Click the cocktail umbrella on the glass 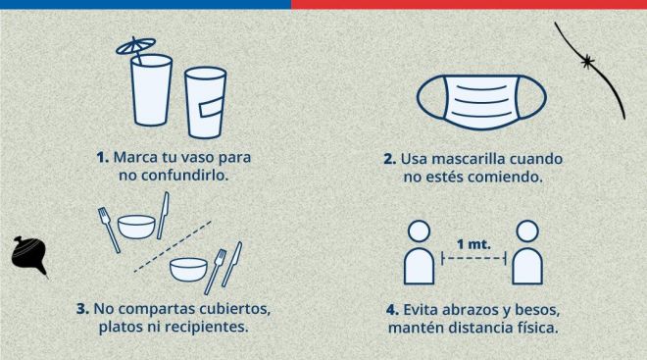coord(135,46)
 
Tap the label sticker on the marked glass coord(213,108)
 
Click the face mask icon coord(481,102)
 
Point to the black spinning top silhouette coord(28,256)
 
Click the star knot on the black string coord(587,62)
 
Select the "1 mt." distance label coord(473,244)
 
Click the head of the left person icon coord(420,231)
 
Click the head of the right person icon coord(527,231)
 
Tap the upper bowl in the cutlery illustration coord(136,227)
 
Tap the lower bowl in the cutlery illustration coord(188,269)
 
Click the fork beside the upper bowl coord(109,230)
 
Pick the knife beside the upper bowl coord(163,215)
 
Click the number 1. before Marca coord(102,157)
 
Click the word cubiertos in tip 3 coord(235,309)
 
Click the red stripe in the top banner coord(469,4)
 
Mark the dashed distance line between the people coord(473,259)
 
